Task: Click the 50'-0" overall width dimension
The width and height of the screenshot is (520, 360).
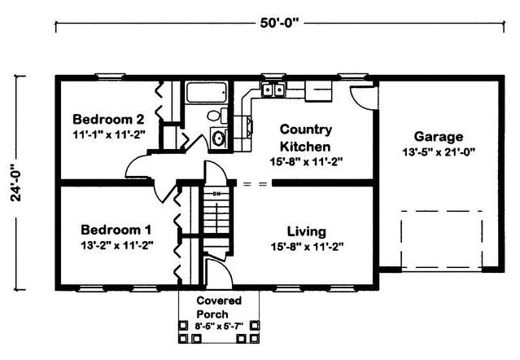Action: [279, 24]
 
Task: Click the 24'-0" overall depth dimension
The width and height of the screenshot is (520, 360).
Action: [15, 182]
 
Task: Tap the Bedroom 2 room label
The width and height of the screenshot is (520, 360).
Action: [108, 119]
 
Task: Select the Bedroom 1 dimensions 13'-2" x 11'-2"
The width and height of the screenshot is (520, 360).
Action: [117, 245]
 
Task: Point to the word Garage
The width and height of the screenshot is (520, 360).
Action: [439, 137]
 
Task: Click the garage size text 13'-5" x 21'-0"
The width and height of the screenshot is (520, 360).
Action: [439, 152]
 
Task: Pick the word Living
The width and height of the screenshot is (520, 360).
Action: [307, 231]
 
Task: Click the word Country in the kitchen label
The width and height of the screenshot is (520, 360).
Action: [306, 129]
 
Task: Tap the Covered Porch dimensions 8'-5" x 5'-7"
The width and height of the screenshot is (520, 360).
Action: [219, 327]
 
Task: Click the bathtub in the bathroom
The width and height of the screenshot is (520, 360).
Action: [206, 92]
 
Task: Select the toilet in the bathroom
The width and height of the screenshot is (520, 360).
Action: [217, 116]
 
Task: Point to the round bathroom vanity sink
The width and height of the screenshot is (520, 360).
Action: [219, 138]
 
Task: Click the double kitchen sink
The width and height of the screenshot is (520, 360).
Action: [273, 90]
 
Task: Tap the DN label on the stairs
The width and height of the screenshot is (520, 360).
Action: [216, 193]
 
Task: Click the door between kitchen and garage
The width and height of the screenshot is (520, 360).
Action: [364, 97]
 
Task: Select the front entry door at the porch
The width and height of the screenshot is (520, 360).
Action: [218, 274]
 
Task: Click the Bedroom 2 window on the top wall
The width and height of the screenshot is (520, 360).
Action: [110, 77]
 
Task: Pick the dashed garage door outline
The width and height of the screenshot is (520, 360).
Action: [441, 239]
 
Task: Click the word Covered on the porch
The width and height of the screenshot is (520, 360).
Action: [219, 301]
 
